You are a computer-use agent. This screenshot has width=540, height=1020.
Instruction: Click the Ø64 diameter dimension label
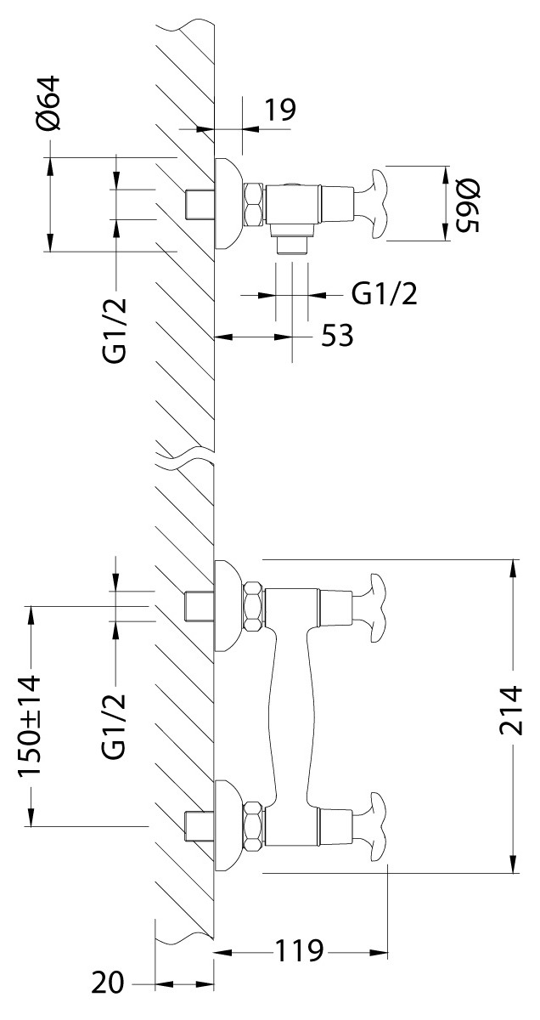49,101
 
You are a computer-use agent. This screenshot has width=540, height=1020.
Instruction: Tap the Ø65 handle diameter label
468,204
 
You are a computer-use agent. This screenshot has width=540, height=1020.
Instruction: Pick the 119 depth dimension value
299,951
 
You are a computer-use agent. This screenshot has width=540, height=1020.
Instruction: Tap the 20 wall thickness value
108,985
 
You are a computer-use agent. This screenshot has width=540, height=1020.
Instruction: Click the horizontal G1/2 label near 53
384,294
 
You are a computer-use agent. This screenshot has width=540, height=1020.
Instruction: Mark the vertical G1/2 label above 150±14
115,725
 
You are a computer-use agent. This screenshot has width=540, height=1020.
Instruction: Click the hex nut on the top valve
253,202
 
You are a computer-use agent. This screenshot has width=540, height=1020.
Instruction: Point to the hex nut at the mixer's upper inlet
253,605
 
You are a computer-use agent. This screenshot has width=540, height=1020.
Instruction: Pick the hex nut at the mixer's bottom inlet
253,824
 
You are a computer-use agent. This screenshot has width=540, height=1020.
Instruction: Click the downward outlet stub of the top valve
292,243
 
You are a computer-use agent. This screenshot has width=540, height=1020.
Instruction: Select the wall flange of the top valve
226,202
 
